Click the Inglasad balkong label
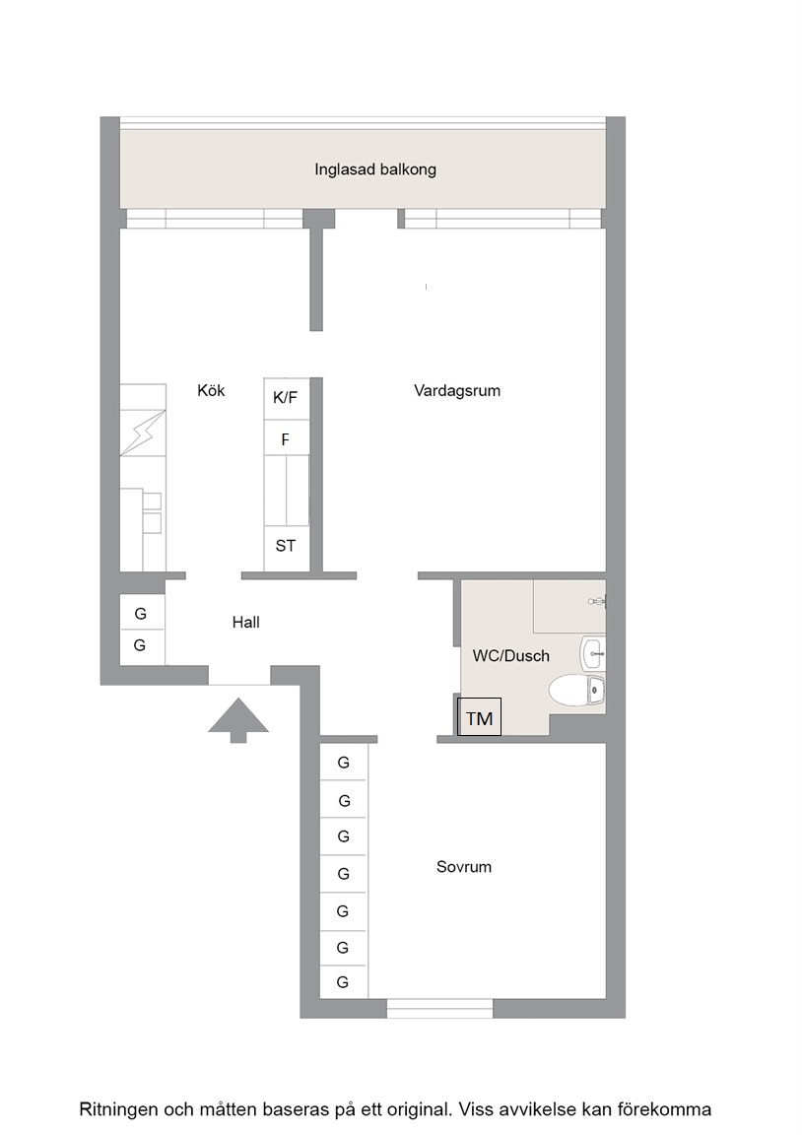[x=375, y=170]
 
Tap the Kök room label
[x=212, y=391]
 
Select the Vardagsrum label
[x=457, y=391]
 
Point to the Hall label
[x=246, y=623]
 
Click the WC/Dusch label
[x=511, y=656]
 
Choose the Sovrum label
[x=464, y=866]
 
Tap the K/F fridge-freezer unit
[x=286, y=398]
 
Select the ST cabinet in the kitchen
[x=286, y=547]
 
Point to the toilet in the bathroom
[x=576, y=690]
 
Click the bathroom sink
[x=593, y=653]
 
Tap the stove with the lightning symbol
[x=143, y=433]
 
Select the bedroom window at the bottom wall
[x=439, y=1008]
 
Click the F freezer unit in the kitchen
[x=286, y=439]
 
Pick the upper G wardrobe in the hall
[x=141, y=613]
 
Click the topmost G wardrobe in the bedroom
[x=344, y=762]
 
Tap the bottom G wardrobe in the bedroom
[x=344, y=982]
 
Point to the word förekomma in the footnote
[x=664, y=1109]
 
